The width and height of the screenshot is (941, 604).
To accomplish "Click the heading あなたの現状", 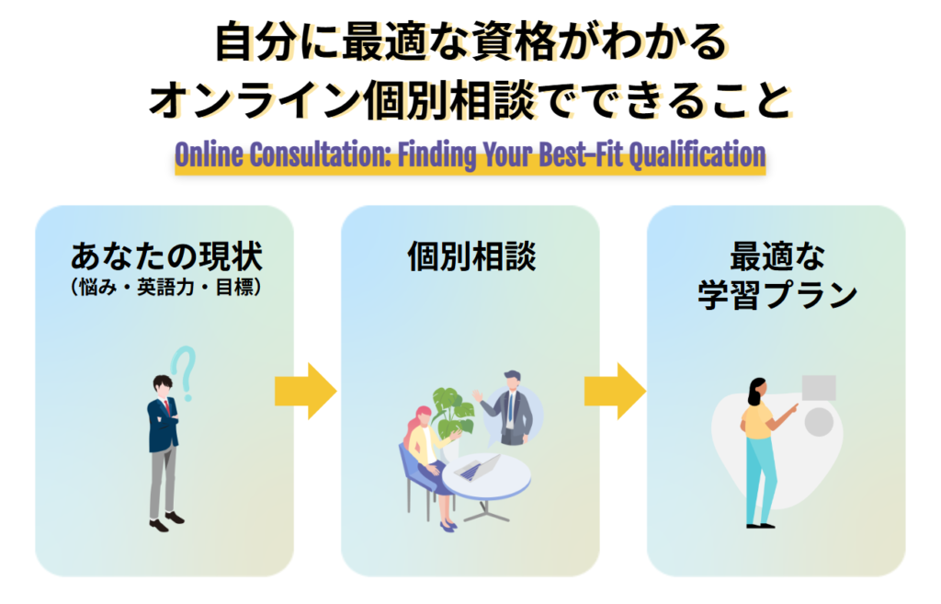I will click(x=164, y=255).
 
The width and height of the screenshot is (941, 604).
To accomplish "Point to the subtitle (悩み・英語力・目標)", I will click(x=164, y=287).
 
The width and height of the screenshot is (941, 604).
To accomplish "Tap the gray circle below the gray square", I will click(x=819, y=422).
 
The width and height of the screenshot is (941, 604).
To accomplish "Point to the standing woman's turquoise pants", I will click(x=760, y=478).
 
